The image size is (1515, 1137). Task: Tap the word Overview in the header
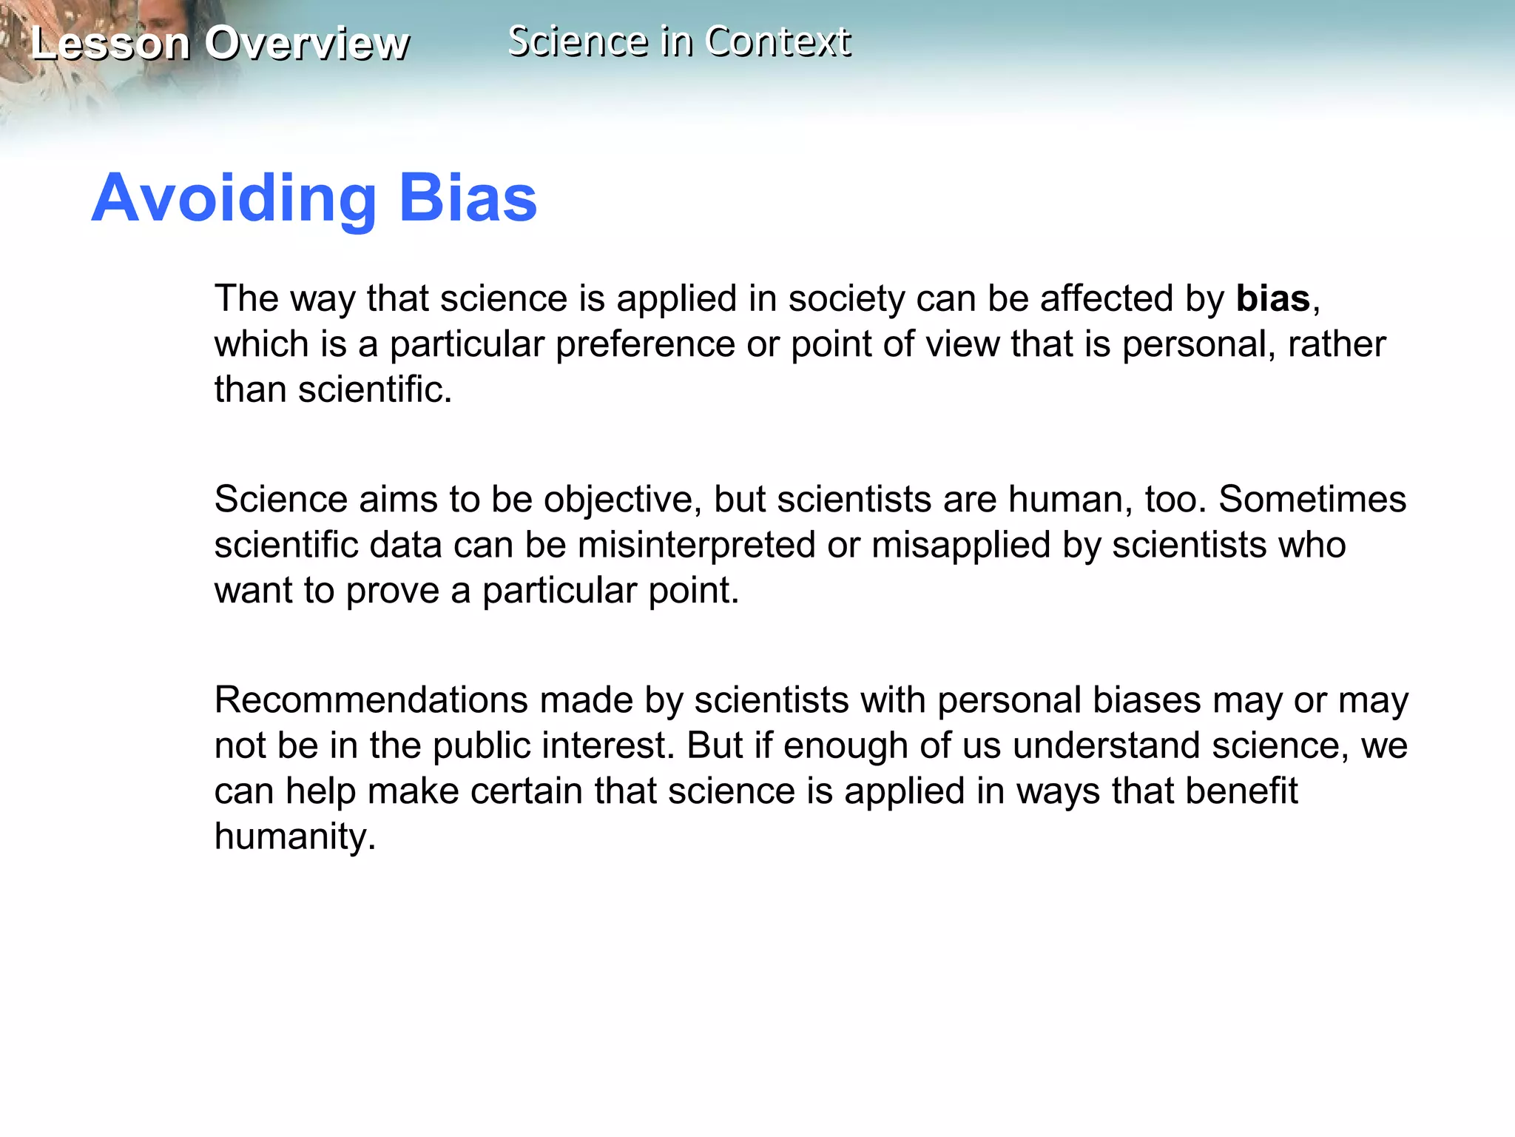(306, 43)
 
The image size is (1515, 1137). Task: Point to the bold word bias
(1273, 299)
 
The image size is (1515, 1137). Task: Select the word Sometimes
(1312, 500)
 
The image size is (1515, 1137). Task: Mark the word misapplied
(961, 546)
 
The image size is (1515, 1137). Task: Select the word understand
(1106, 746)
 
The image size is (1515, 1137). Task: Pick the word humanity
(294, 837)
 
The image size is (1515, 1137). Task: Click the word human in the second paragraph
(1070, 500)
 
